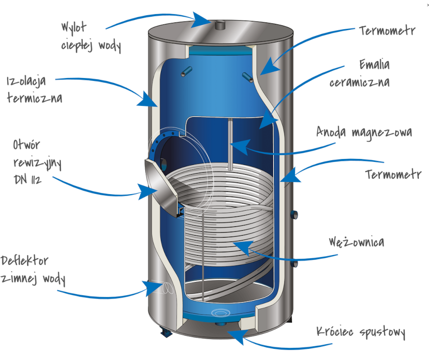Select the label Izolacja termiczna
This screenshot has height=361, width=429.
click(x=35, y=89)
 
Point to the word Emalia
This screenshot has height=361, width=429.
click(x=374, y=64)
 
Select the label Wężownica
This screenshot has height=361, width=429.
click(x=356, y=242)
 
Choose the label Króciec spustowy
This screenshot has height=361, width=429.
click(x=361, y=333)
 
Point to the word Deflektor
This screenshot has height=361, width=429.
click(x=25, y=261)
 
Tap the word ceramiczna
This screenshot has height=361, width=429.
click(x=359, y=81)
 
